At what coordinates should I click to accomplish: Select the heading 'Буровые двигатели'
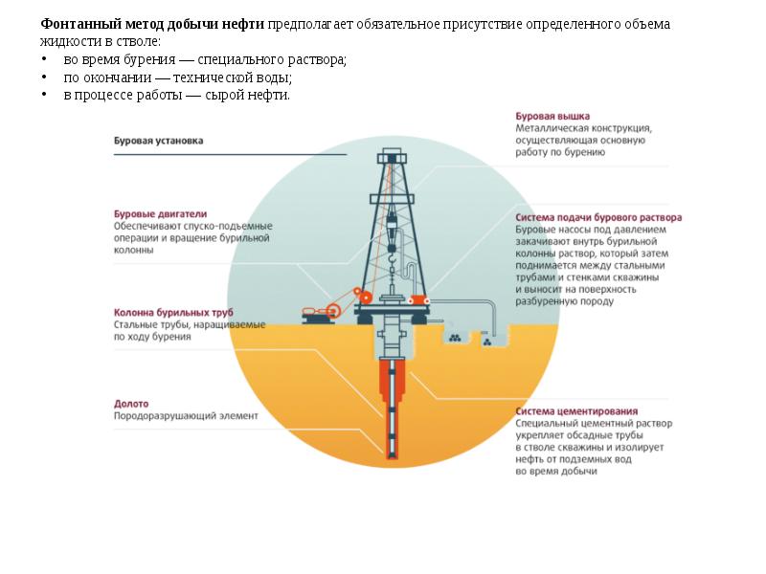tap(160, 214)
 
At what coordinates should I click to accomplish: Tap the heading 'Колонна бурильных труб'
tap(173, 312)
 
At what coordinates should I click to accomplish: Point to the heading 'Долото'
tap(131, 404)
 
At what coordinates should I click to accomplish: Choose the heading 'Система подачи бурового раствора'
tap(598, 218)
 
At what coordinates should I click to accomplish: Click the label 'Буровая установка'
tap(158, 141)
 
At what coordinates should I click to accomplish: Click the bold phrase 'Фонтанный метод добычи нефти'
tap(152, 24)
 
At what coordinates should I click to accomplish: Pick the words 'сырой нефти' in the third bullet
tap(255, 96)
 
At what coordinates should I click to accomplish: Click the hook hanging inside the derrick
tap(392, 256)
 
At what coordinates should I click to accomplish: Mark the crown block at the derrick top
tap(391, 157)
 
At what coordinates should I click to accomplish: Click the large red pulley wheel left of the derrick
tap(333, 309)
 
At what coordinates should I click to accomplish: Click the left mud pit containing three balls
tap(455, 337)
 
